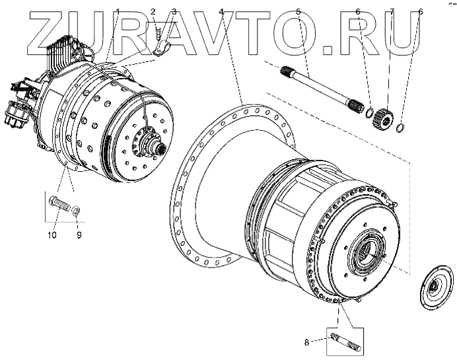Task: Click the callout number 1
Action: coord(118,12)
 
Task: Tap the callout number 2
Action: coord(153,12)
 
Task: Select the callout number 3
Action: coord(174,12)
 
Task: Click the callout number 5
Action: coord(299,12)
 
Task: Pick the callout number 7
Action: coord(391,12)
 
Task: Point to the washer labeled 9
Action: coord(77,210)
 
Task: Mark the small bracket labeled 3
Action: coord(162,47)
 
